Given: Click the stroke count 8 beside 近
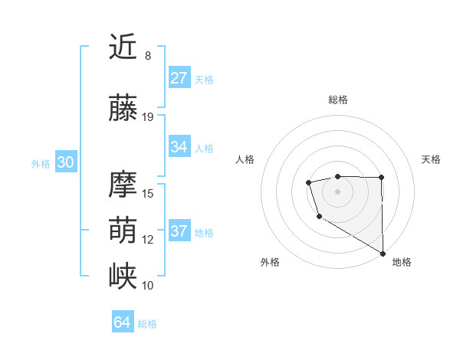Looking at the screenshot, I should (x=148, y=56).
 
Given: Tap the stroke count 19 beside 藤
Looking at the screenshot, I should (x=148, y=116).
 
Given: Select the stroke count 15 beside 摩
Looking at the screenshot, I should (x=148, y=193).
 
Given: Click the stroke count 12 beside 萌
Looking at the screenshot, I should (x=148, y=239).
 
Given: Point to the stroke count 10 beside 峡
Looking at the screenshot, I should (x=148, y=285).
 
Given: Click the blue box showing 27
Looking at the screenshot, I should (x=179, y=78).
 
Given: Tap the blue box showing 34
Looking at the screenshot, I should (x=179, y=147).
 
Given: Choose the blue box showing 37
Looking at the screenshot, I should (x=179, y=231).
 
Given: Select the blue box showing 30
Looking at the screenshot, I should (x=65, y=162).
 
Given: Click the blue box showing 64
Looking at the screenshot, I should (x=122, y=322).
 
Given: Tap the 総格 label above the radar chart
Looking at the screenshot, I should (x=337, y=100).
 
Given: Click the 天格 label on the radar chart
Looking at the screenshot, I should (x=432, y=159).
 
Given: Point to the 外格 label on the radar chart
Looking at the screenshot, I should (x=270, y=262).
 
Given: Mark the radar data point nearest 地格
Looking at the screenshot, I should (x=383, y=254).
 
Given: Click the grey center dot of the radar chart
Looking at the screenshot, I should (x=337, y=191).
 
